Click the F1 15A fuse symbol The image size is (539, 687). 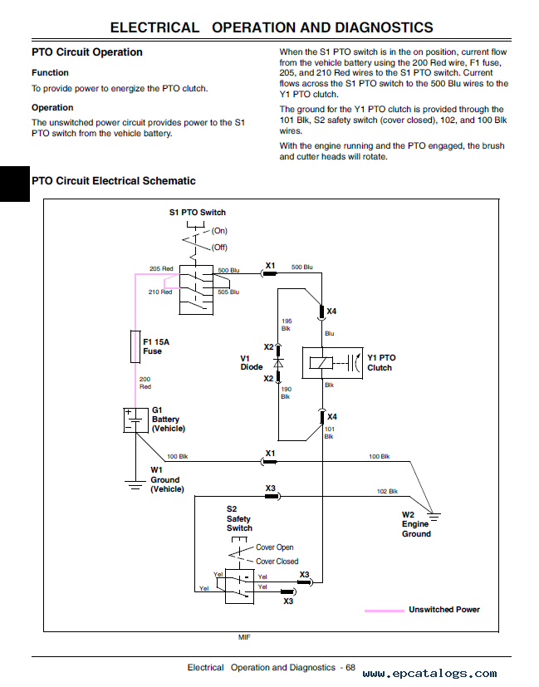pos(135,346)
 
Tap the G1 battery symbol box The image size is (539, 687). pos(135,420)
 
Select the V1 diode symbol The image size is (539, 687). pos(278,363)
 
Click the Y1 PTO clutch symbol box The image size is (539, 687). pos(332,363)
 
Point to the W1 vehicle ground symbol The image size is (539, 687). pos(135,484)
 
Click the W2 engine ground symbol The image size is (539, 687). pos(434,517)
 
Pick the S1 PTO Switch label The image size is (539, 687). pos(198,213)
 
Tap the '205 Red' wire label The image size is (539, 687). pos(161,268)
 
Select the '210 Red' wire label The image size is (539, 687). pos(160,292)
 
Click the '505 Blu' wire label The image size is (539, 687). pos(228,292)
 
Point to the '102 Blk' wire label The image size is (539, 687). pos(387,491)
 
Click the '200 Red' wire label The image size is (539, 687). pos(145,383)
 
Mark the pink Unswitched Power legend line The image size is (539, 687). pos(385,611)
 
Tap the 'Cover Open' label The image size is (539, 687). pos(275,547)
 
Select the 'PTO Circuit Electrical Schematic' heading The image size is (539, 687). pos(114,181)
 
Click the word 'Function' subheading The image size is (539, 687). pos(50,73)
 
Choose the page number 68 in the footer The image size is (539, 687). pos(350,667)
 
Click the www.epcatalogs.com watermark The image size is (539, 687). pos(430,674)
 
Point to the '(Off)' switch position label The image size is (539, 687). pos(219,247)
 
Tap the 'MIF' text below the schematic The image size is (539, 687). pos(244,637)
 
